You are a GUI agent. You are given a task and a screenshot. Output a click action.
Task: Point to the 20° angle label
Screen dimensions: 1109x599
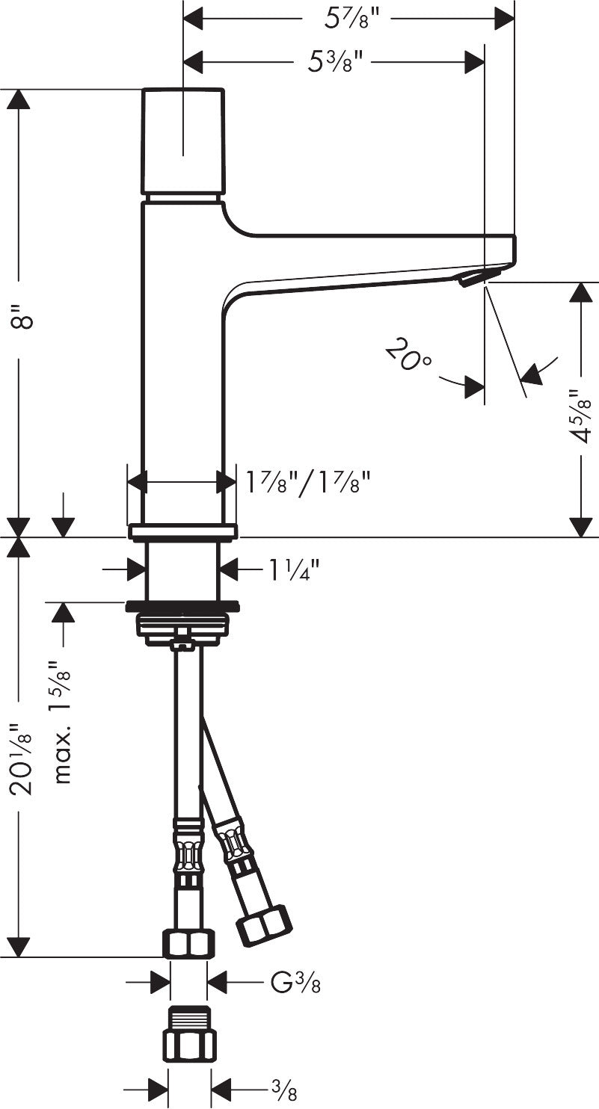click(x=409, y=355)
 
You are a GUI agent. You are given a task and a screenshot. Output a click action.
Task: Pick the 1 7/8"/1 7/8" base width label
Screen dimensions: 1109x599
click(x=309, y=483)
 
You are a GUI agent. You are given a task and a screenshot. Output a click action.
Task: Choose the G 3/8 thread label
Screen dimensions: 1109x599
click(x=295, y=981)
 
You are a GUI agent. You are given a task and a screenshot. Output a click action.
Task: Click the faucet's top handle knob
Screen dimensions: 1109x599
click(x=183, y=140)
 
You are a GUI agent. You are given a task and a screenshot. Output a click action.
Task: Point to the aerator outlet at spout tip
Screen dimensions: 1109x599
click(x=471, y=279)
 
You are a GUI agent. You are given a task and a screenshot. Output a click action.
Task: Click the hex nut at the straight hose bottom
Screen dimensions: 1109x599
click(x=189, y=943)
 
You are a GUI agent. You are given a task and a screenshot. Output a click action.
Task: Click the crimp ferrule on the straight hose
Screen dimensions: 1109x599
click(x=188, y=847)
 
